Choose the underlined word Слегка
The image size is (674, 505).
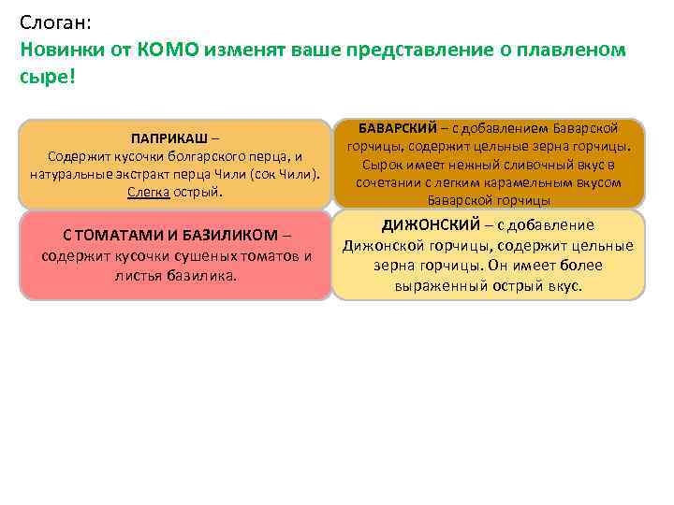pos(148,192)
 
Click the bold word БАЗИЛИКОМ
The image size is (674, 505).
pos(230,234)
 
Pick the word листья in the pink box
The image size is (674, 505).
pos(137,276)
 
